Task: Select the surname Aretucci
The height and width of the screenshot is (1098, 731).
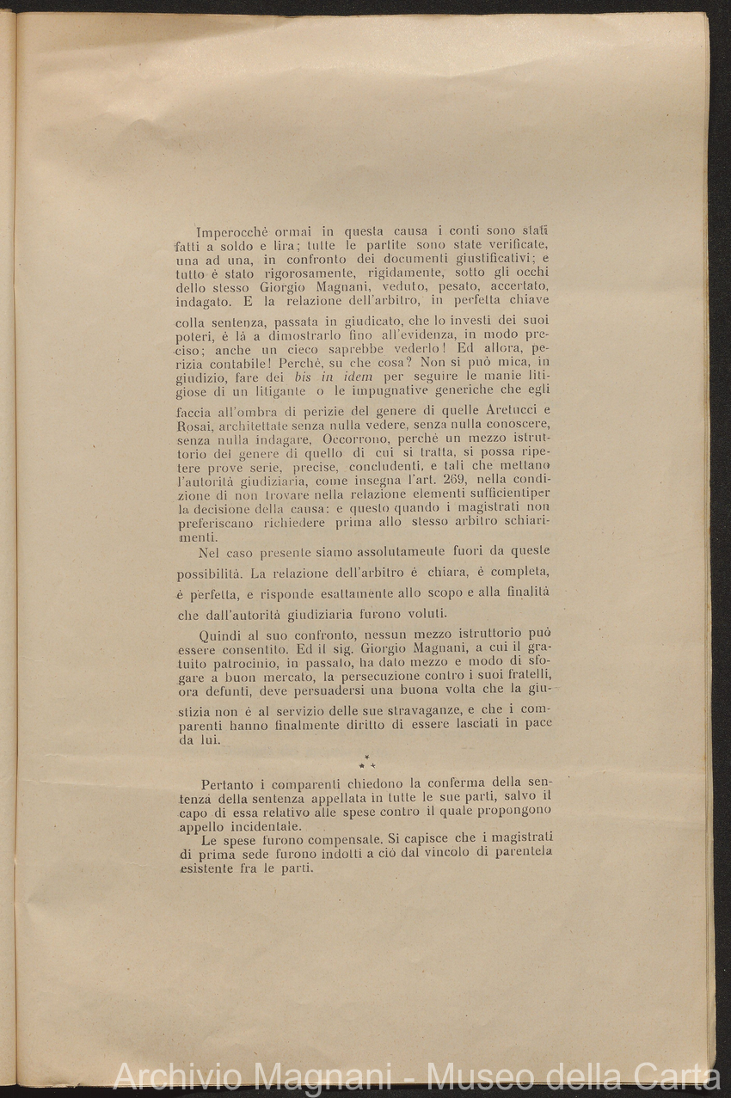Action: [x=506, y=410]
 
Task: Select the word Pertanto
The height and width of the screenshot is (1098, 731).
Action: [x=234, y=784]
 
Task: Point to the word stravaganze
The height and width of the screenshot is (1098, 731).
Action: [x=365, y=710]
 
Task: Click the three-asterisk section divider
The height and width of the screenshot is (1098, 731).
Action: [x=366, y=762]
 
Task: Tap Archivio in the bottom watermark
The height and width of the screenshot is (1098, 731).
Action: [x=175, y=1077]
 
